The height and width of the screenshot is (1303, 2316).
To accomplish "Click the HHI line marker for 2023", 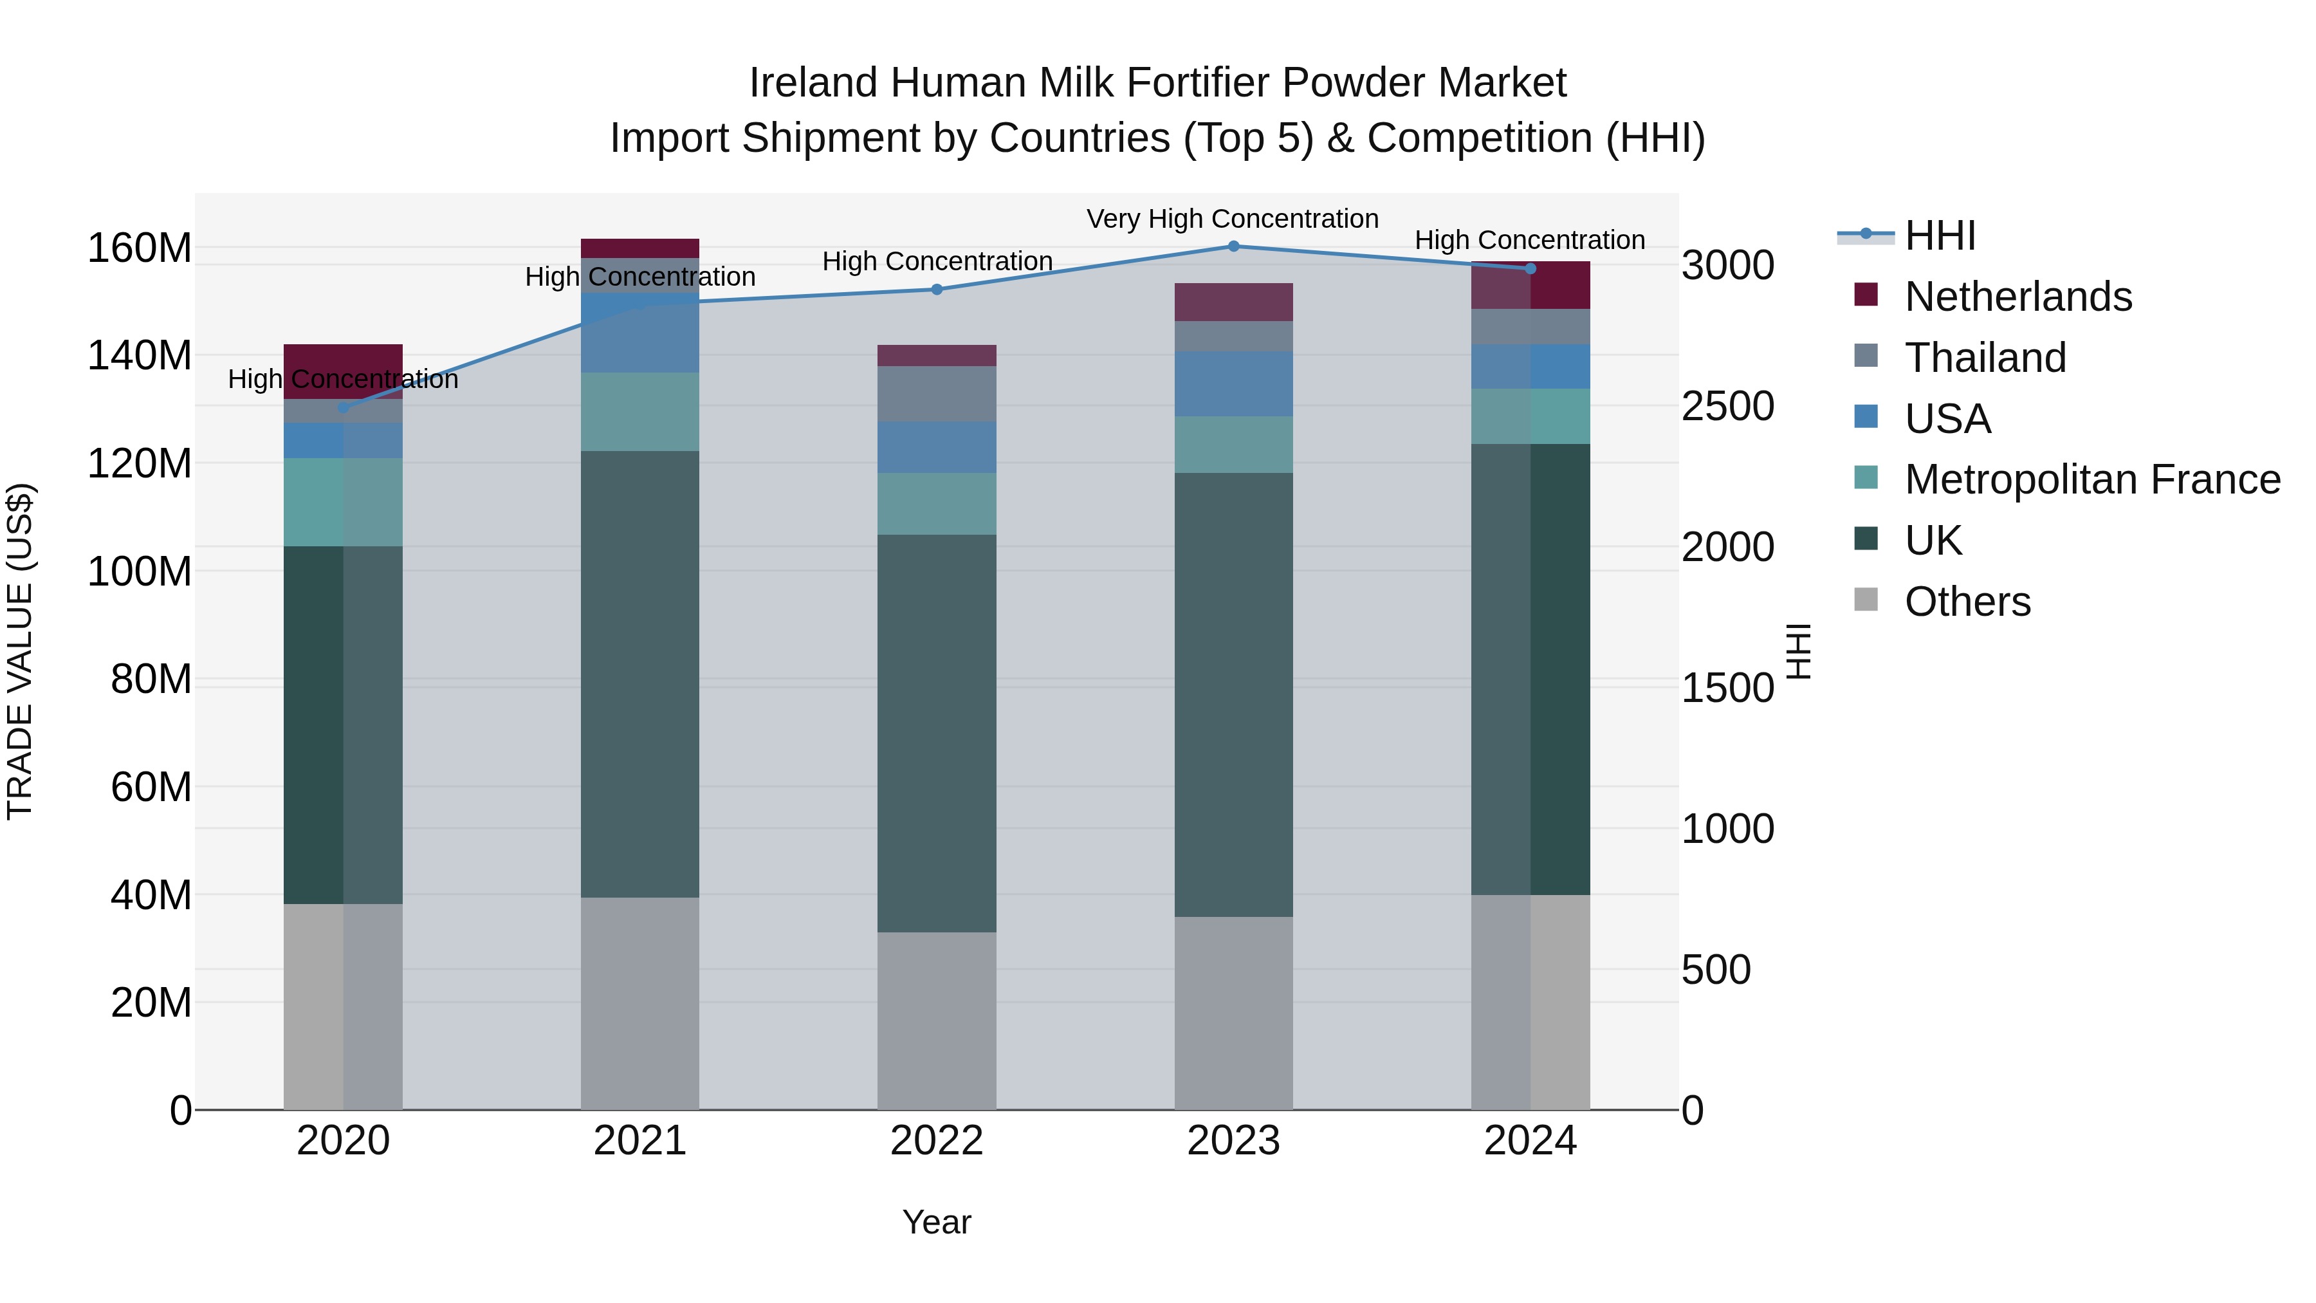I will click(x=1233, y=246).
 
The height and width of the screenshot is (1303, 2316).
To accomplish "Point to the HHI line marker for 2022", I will click(x=936, y=290).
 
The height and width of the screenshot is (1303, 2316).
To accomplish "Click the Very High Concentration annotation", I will click(x=1232, y=219).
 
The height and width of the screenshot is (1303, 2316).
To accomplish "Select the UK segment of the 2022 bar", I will click(x=936, y=733).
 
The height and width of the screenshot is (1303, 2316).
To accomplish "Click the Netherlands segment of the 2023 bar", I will click(x=1233, y=302).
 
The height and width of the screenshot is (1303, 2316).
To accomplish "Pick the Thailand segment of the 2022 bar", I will click(x=936, y=394).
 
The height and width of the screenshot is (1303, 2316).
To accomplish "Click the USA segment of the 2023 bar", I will click(x=1233, y=384).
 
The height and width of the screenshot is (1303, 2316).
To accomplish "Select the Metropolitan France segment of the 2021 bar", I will click(x=639, y=412).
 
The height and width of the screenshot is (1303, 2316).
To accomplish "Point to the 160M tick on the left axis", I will click(x=140, y=248).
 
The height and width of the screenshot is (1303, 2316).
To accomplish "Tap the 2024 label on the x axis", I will click(x=1530, y=1141).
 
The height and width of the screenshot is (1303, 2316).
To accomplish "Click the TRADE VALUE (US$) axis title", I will click(x=20, y=651).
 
